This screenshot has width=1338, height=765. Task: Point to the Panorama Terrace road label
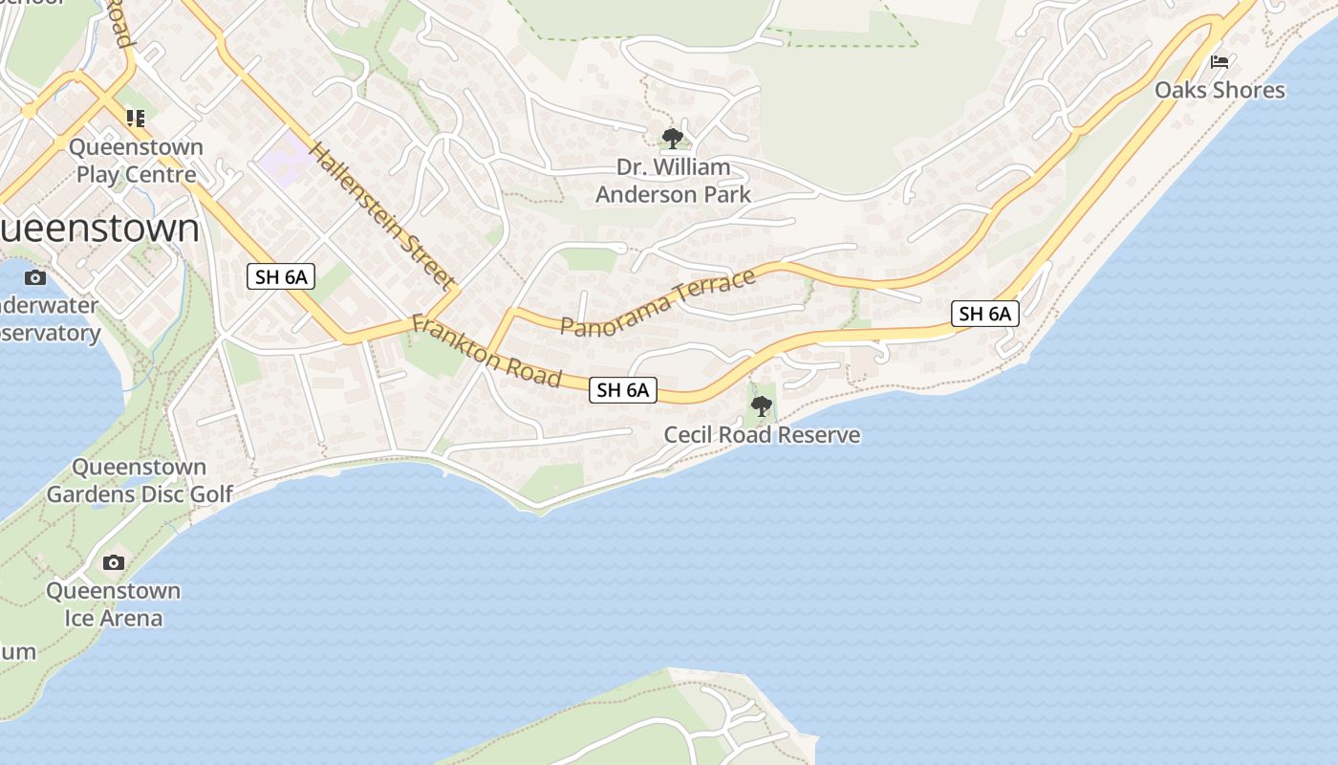click(x=658, y=302)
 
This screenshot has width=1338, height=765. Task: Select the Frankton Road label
click(x=486, y=351)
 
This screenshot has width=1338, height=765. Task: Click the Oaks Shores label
click(x=1219, y=90)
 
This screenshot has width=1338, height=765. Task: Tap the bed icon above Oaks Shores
click(x=1219, y=62)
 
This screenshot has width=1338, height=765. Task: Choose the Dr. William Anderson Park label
click(x=673, y=181)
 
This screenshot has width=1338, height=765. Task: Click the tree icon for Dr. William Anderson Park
click(x=673, y=138)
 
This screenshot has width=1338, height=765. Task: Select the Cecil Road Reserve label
click(x=762, y=435)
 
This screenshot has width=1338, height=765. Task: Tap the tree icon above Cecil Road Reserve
click(x=762, y=407)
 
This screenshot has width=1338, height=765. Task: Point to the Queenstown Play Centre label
click(x=136, y=161)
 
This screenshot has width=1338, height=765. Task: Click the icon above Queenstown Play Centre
click(x=136, y=119)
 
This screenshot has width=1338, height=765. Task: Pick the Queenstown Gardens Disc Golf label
click(x=140, y=481)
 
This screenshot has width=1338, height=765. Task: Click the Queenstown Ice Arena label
click(x=114, y=604)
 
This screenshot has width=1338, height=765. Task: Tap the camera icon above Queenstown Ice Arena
click(x=114, y=562)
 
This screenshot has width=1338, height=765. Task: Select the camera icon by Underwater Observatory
click(x=35, y=278)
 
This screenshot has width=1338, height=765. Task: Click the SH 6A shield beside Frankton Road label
click(x=623, y=390)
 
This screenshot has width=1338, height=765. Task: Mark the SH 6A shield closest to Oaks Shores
click(x=985, y=314)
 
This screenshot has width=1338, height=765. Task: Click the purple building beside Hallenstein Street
click(x=285, y=159)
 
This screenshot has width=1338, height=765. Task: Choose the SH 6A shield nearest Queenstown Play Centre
click(x=281, y=277)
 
